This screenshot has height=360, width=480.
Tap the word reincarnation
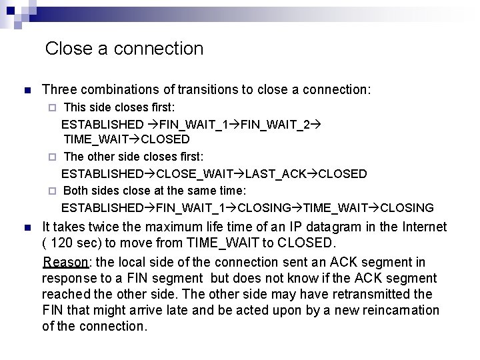click(x=399, y=310)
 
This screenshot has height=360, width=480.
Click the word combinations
click(x=125, y=89)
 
